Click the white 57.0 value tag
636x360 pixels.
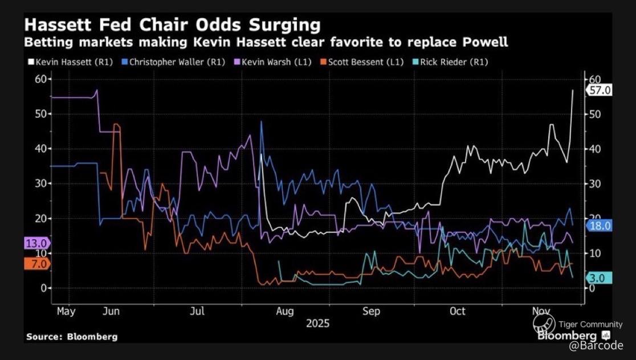[600, 90]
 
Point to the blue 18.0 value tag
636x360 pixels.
[600, 226]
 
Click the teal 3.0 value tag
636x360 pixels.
[600, 278]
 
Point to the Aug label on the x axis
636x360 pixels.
[285, 312]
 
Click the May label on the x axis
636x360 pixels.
[67, 312]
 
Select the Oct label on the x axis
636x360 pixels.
[457, 312]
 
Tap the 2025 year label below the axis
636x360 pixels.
[317, 324]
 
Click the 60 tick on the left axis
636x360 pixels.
[40, 79]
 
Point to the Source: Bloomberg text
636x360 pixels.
[72, 337]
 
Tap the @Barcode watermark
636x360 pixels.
[596, 346]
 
